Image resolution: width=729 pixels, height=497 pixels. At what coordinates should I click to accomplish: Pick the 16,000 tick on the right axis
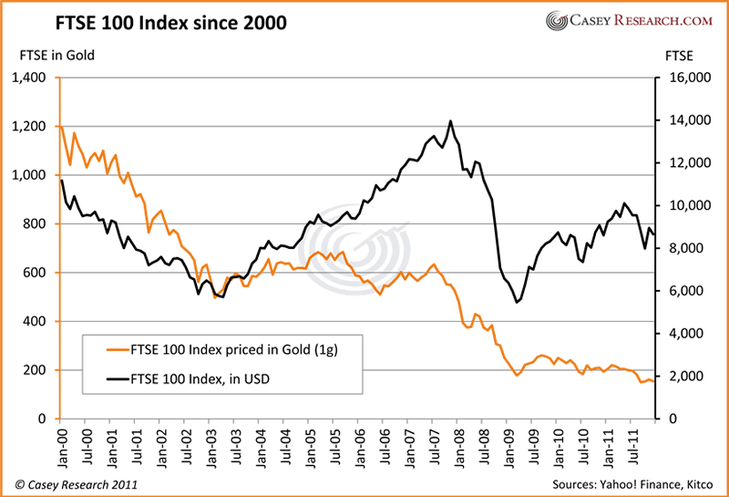(x=688, y=78)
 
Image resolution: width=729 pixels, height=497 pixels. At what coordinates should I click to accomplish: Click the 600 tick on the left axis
(x=34, y=273)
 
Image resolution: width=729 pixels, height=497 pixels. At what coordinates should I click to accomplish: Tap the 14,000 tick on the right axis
(x=688, y=120)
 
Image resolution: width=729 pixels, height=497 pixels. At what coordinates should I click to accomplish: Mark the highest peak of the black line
(x=450, y=121)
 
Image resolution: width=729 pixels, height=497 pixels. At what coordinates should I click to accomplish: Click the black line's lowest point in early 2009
(x=517, y=302)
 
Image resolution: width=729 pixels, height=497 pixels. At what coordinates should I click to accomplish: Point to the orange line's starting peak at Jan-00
(x=60, y=126)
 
